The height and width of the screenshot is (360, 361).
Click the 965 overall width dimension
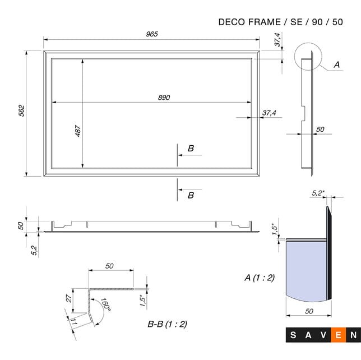152,34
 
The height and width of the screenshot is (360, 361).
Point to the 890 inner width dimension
163,97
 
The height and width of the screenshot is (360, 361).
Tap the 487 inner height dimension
78,130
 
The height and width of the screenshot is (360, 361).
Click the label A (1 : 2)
260,278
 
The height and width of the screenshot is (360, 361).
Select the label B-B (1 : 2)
167,324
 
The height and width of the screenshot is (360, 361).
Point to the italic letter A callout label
336,65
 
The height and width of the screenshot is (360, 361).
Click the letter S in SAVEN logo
294,336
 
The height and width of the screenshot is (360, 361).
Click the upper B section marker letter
191,149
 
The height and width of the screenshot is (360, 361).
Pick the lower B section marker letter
191,195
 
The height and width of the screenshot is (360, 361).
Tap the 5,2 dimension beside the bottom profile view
34,250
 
